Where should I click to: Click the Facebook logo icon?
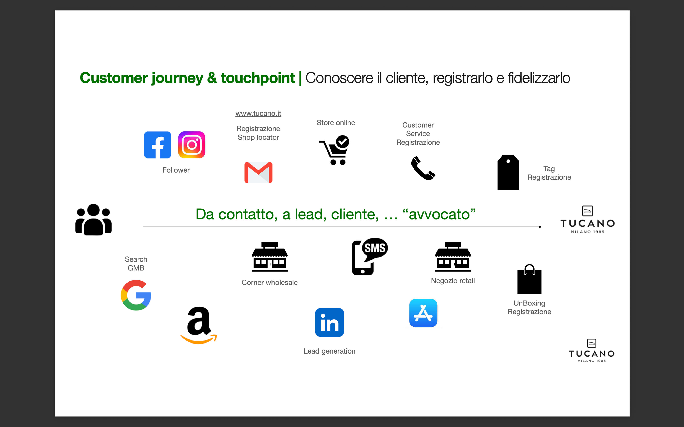[157, 145]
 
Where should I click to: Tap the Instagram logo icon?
[192, 145]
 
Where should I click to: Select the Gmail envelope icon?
[258, 173]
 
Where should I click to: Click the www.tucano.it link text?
[258, 114]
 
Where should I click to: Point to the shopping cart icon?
[335, 150]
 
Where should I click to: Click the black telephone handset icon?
[423, 168]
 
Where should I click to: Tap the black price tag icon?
[508, 173]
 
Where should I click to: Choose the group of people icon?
[94, 220]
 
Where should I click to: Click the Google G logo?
[136, 295]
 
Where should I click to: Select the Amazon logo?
[199, 325]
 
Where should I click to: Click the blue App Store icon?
[423, 313]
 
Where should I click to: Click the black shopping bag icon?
[529, 279]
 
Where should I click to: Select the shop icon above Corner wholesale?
[270, 257]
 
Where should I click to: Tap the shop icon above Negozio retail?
[453, 257]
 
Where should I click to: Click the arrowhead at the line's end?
[540, 227]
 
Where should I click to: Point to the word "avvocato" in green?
[439, 214]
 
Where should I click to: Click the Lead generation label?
[330, 351]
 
